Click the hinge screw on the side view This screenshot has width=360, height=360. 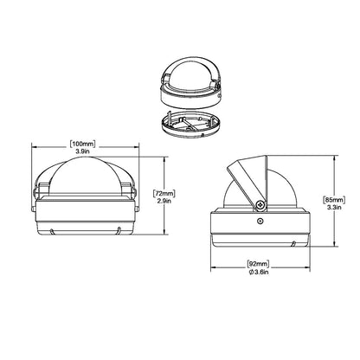click(259, 205)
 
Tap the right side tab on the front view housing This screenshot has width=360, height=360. click(135, 190)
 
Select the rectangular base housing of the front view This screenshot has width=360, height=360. click(85, 220)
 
